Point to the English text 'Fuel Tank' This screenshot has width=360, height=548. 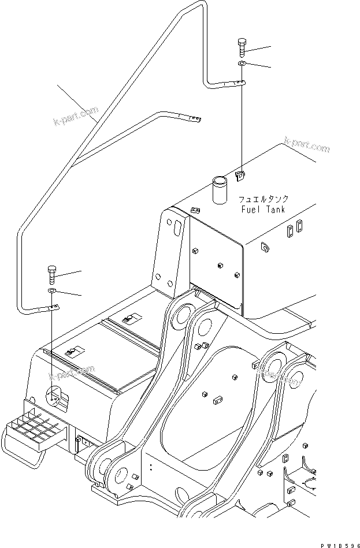(263, 210)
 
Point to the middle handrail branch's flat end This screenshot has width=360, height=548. (193, 120)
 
